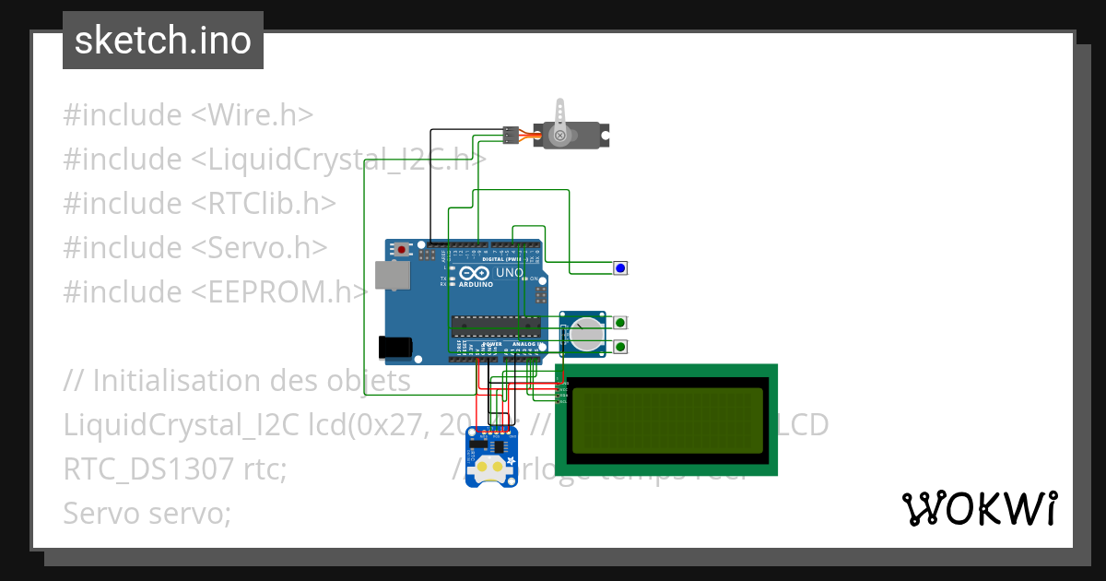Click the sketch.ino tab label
click(162, 41)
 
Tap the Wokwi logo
click(979, 509)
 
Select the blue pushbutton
click(620, 268)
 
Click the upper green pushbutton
click(620, 323)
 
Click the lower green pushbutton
click(620, 347)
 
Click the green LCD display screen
click(665, 419)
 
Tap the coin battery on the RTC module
click(488, 469)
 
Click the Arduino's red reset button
click(401, 249)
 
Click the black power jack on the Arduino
click(395, 347)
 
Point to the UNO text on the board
click(510, 274)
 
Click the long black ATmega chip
click(495, 324)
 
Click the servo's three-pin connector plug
click(510, 135)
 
